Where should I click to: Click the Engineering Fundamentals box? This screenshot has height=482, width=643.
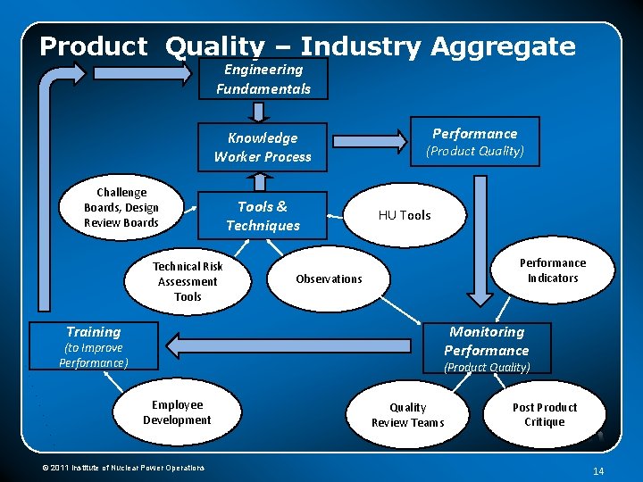(263, 79)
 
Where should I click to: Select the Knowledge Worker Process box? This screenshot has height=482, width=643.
(263, 147)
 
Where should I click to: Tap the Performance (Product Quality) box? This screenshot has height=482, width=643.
(474, 142)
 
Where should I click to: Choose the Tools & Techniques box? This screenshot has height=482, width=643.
(263, 216)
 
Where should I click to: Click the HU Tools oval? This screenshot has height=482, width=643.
(405, 215)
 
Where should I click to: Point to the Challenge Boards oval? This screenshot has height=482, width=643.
(121, 208)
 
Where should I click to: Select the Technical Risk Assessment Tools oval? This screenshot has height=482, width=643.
(188, 281)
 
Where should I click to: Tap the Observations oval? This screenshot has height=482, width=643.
(330, 278)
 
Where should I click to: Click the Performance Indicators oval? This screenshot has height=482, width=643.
(553, 270)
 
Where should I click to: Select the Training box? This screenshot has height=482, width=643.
(94, 345)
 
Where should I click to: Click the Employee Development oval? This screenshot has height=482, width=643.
(177, 412)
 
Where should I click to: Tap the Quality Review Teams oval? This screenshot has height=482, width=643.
(407, 415)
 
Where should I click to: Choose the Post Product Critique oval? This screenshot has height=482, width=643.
(545, 414)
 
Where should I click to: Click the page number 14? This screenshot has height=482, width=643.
(598, 470)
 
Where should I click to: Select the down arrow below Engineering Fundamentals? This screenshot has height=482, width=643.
(258, 112)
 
